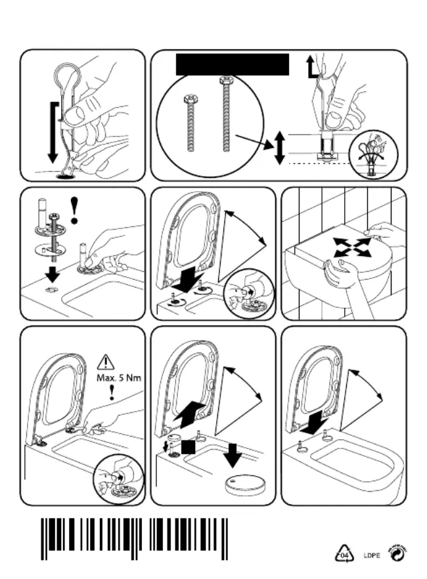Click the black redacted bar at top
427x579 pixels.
point(233,66)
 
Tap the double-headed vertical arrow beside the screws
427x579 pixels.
point(279,147)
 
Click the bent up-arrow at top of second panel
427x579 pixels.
point(312,67)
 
